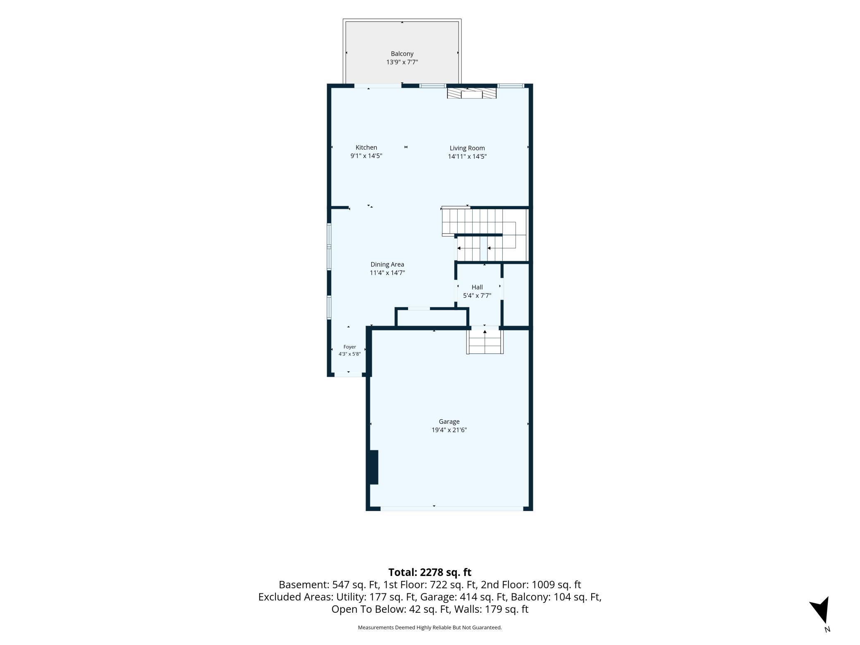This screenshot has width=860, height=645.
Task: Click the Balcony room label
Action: (402, 54)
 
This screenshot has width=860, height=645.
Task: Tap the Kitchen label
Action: (366, 148)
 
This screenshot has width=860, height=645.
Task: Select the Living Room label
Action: (467, 148)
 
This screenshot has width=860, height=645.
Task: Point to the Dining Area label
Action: (387, 265)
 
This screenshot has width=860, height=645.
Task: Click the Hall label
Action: (477, 287)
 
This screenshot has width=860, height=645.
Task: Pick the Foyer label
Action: (350, 347)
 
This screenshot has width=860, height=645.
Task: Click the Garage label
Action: (449, 422)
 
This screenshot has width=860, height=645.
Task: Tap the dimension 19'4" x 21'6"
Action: (449, 430)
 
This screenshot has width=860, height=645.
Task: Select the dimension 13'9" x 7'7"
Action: (402, 62)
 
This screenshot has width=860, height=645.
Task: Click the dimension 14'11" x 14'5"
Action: (467, 156)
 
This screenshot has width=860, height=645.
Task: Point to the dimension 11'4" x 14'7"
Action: (387, 273)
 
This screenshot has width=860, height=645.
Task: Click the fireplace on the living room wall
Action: (472, 93)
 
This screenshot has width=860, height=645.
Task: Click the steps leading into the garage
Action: (485, 341)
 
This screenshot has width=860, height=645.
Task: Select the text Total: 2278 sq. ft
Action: (430, 572)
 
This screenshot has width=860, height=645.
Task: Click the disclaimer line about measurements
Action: (430, 628)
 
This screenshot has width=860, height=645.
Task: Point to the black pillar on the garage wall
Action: (374, 467)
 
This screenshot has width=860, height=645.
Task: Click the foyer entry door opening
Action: (348, 375)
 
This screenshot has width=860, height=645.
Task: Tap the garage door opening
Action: (452, 509)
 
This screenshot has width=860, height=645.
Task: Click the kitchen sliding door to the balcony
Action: (378, 86)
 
